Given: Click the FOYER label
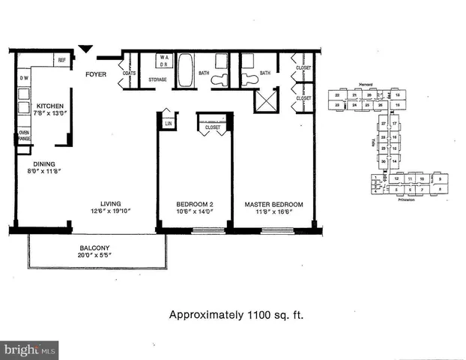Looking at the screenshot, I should point(95,73).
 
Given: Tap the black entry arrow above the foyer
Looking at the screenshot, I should point(86,49).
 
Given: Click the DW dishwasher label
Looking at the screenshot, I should point(24,78).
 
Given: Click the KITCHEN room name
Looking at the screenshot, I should point(50,106).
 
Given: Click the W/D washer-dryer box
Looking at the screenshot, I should point(164,61).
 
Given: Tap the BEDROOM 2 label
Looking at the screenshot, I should point(195,204).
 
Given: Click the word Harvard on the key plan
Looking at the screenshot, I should point(366,85).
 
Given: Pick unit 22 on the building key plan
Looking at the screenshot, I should point(338,96).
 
